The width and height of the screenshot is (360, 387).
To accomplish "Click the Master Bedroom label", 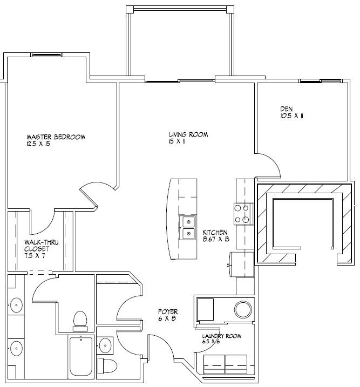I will coord(56,137).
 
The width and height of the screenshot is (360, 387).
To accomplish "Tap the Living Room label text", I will coord(188,135).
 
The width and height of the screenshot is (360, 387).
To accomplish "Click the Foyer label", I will coord(167,311).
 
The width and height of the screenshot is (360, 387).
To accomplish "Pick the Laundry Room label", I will coord(222,336).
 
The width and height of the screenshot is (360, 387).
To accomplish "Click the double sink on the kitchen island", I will coord(188,227).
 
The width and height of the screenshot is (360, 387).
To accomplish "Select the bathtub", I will coord(81,357).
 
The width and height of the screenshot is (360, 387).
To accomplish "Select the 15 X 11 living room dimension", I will coord(176,142).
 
